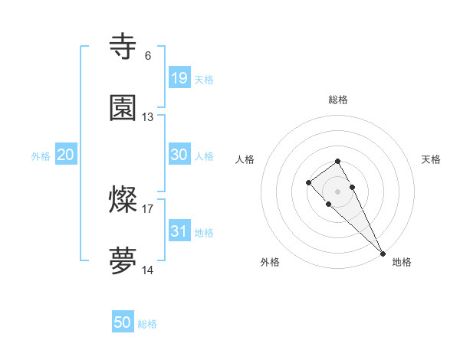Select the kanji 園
pos(123,108)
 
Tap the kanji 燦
pos(123,201)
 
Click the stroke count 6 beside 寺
pos(148,55)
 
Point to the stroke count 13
pos(148,117)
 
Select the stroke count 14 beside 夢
pos(148,271)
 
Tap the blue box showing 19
pos(179,77)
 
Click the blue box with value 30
pos(179,154)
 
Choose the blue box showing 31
pos(179,231)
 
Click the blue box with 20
pos(65,154)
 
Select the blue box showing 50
pos(123,322)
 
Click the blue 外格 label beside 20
pos(41,155)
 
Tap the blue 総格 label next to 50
pos(147,324)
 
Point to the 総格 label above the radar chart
pos(338,100)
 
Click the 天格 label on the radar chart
pos(431,159)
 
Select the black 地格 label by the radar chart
pos(402,262)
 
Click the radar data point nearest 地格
pos(383,254)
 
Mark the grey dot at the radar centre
pos(337,191)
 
